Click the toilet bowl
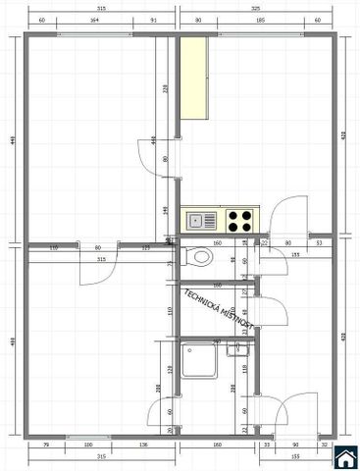(x=201, y=258)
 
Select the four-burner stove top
(x=239, y=219)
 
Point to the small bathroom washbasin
(x=235, y=347)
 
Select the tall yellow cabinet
(x=192, y=78)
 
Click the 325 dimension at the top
(x=257, y=7)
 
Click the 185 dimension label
(x=260, y=20)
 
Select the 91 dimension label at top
(x=154, y=20)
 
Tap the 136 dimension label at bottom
(x=143, y=446)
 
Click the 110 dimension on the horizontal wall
(x=54, y=248)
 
